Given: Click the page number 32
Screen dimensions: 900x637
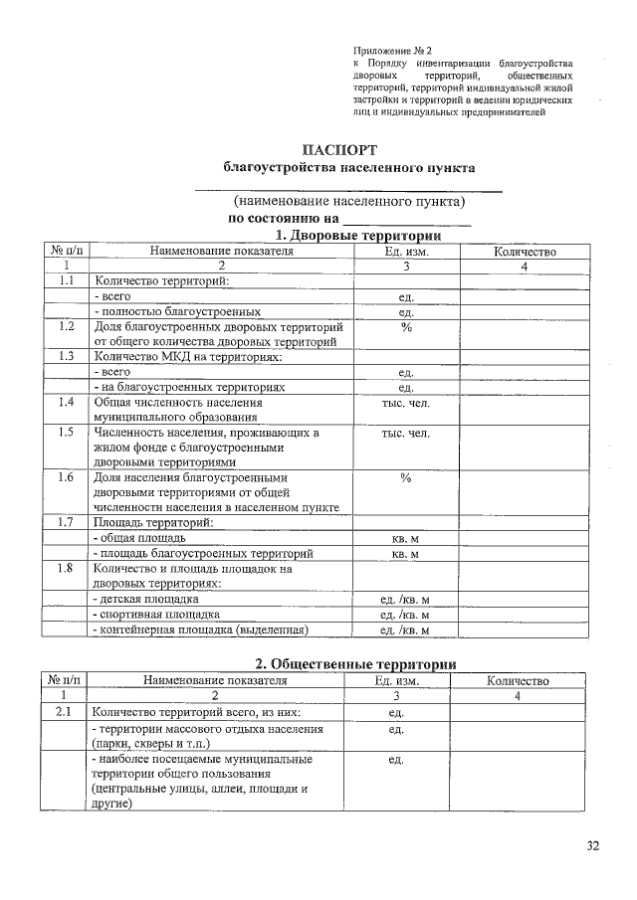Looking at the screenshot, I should click(x=593, y=846).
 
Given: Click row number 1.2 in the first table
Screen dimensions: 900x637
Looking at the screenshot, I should click(x=67, y=326).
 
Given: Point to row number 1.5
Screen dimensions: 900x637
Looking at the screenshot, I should click(x=67, y=433).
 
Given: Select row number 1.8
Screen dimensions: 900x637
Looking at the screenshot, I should click(x=67, y=569).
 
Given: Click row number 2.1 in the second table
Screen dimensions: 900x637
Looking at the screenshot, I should click(x=63, y=712).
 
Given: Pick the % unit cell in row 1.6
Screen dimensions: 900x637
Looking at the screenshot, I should click(x=405, y=477).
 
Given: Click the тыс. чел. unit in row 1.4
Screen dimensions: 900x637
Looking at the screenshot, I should click(x=405, y=403).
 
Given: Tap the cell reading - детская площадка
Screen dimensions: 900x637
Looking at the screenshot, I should click(x=146, y=600).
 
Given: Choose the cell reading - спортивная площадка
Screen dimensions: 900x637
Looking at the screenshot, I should click(x=155, y=615).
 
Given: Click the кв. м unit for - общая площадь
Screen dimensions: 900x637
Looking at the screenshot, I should click(x=405, y=538).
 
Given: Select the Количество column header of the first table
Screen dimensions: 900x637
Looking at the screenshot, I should click(x=524, y=252).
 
